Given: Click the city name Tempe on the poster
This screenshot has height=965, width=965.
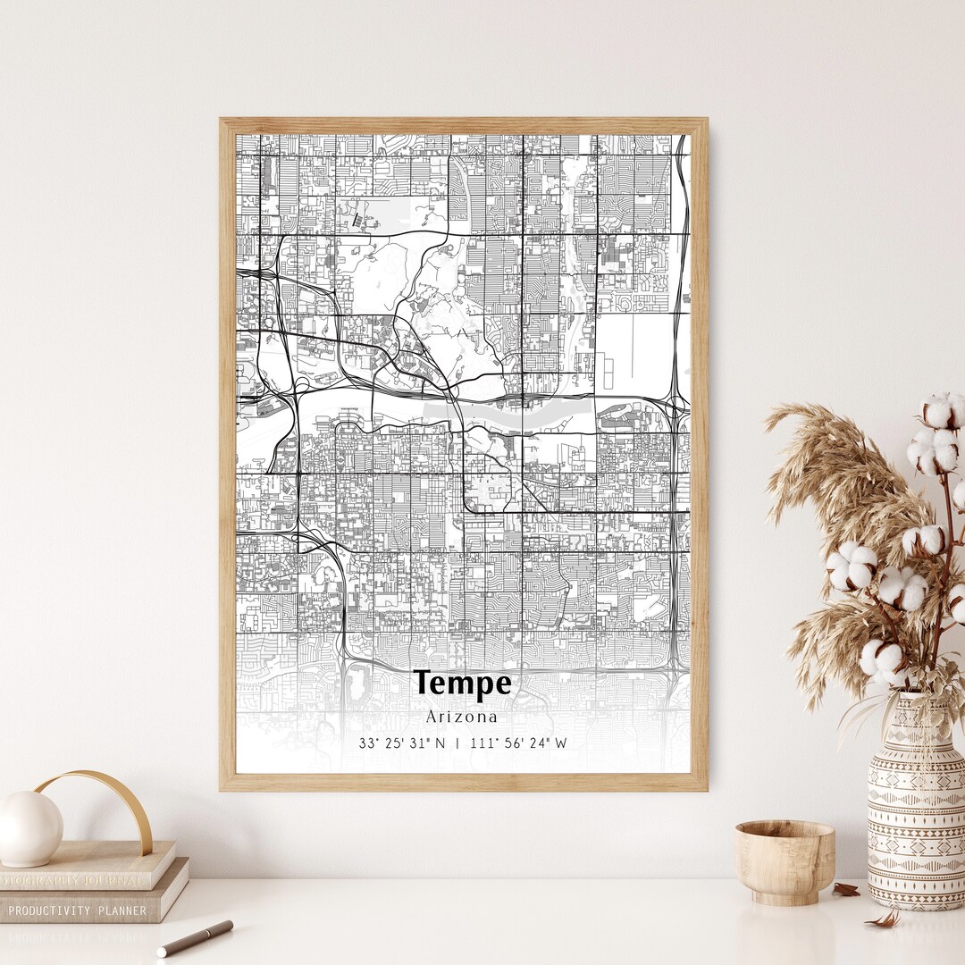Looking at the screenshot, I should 463,684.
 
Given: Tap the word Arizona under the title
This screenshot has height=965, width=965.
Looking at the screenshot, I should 462,716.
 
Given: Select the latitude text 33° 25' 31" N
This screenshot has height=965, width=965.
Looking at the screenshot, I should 401,743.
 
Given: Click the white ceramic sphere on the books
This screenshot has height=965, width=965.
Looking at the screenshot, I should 29,828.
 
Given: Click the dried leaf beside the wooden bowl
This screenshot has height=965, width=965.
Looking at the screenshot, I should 846,889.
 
